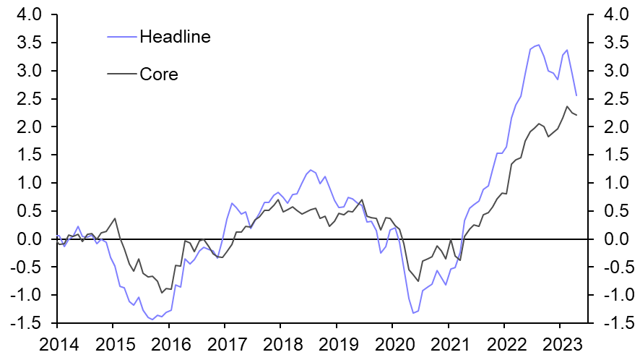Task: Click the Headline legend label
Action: coord(176,37)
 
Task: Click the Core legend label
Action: coord(159,74)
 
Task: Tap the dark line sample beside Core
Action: coord(121,74)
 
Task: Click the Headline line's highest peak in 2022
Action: coord(537,45)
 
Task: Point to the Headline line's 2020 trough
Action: coord(413,313)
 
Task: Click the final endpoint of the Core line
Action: coord(576,116)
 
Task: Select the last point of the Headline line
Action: coord(576,95)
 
